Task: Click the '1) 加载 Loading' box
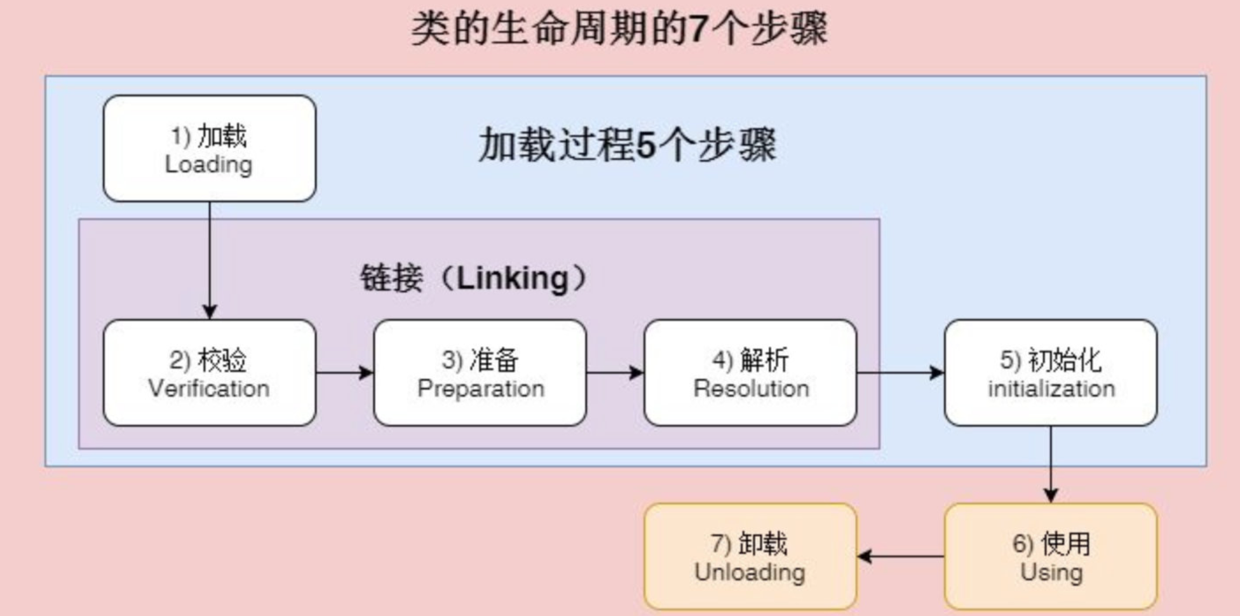[x=210, y=149]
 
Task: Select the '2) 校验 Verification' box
[x=210, y=373]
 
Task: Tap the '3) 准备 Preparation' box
[x=480, y=373]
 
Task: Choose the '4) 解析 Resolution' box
[x=750, y=373]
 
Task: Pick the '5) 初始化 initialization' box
[x=1051, y=373]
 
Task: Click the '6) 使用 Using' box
[x=1051, y=557]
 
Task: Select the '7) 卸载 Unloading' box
[x=750, y=557]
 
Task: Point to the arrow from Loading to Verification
[x=210, y=261]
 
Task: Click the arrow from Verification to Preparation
[x=345, y=373]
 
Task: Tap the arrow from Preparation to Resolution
[x=615, y=373]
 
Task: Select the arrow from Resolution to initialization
[x=901, y=373]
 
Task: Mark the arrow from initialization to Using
[x=1051, y=465]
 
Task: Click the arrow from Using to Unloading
[x=901, y=557]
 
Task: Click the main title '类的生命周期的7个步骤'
[x=619, y=29]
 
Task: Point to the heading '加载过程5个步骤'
[x=628, y=145]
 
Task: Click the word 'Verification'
[x=209, y=388]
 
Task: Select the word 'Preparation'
[x=481, y=389]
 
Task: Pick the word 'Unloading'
[x=750, y=572]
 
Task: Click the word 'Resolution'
[x=751, y=388]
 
